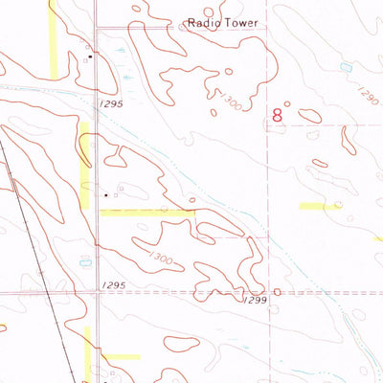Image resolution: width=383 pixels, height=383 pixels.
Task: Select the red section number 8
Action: click(x=278, y=115)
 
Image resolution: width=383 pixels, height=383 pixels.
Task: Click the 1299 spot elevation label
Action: click(x=254, y=301)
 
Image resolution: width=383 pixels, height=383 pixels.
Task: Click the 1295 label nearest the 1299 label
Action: click(x=114, y=285)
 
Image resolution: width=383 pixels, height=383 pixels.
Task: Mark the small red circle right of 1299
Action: click(x=277, y=292)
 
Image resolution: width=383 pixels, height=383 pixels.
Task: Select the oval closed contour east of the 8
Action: click(x=309, y=116)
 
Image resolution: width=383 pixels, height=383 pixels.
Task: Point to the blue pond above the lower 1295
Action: click(x=85, y=259)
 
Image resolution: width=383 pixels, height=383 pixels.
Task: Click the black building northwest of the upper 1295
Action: click(x=88, y=58)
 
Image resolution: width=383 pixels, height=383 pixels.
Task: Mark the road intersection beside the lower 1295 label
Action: click(x=97, y=293)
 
